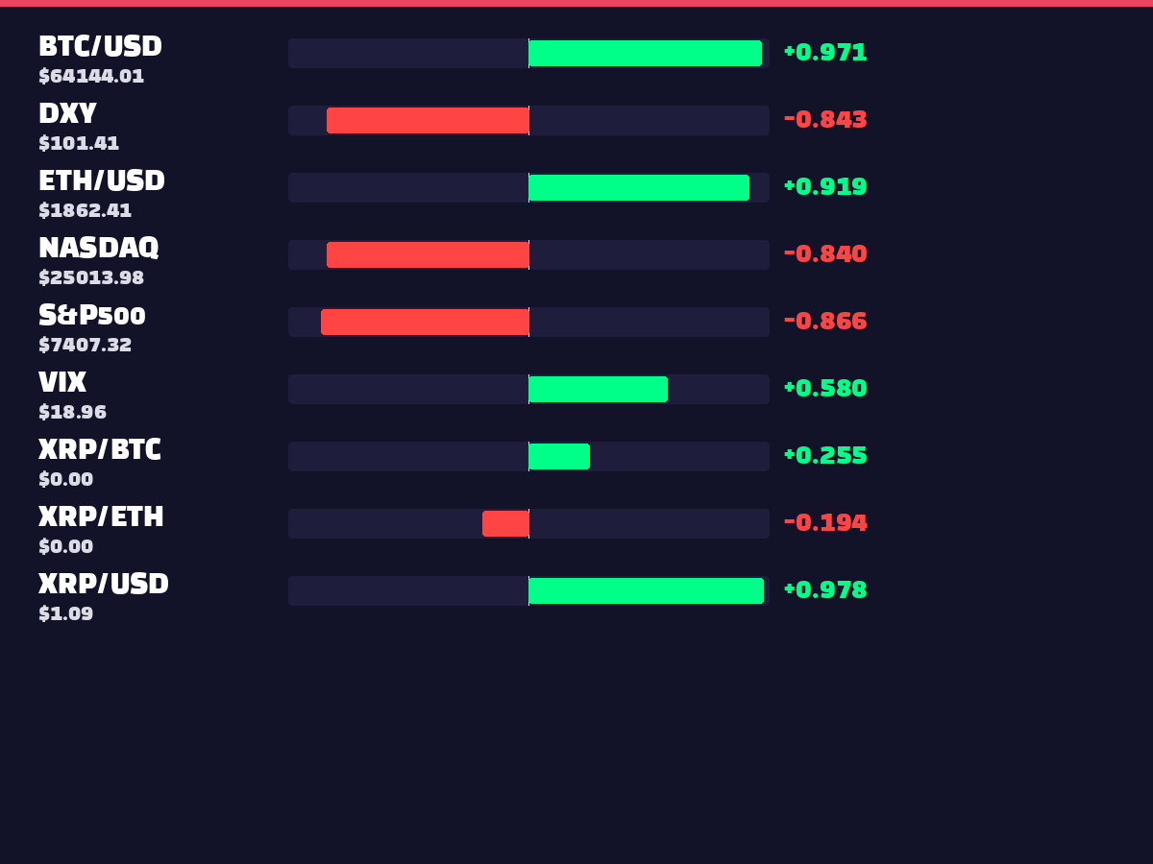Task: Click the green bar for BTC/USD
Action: pyautogui.click(x=645, y=53)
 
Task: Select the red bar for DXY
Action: pyautogui.click(x=428, y=120)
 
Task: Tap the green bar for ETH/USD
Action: pyautogui.click(x=639, y=187)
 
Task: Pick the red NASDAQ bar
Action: pyautogui.click(x=428, y=254)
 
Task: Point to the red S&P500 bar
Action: pyautogui.click(x=425, y=322)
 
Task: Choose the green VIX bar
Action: pyautogui.click(x=599, y=389)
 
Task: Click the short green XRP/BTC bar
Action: pyautogui.click(x=559, y=456)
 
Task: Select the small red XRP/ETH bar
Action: pyautogui.click(x=505, y=523)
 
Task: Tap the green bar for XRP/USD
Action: pyautogui.click(x=646, y=590)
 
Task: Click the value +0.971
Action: pyautogui.click(x=825, y=53)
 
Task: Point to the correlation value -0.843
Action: pyautogui.click(x=825, y=120)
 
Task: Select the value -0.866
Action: pyautogui.click(x=825, y=321)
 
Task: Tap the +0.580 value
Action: pyautogui.click(x=825, y=388)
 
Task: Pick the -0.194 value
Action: pyautogui.click(x=825, y=522)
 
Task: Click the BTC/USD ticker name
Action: pyautogui.click(x=100, y=46)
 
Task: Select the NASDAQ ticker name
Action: pyautogui.click(x=99, y=248)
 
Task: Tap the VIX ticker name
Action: pyautogui.click(x=62, y=382)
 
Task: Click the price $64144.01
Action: pyautogui.click(x=91, y=76)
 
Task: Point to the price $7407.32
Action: pyautogui.click(x=86, y=345)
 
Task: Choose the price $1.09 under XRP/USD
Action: pyautogui.click(x=66, y=613)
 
